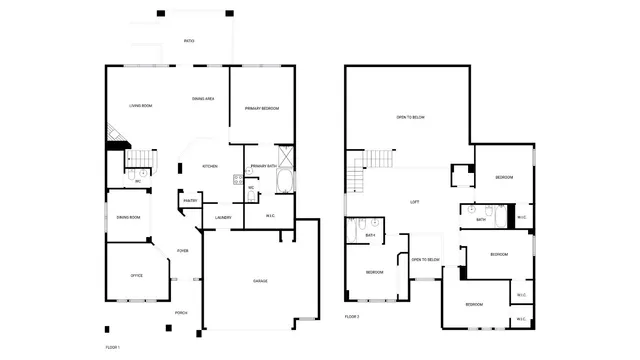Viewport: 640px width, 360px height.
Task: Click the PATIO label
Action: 189,41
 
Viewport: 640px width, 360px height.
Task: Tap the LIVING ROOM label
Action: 139,106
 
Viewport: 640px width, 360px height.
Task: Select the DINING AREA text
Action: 204,99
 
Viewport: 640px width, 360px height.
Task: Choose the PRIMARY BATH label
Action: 264,166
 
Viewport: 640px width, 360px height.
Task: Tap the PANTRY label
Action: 189,201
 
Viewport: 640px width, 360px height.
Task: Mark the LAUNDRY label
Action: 223,217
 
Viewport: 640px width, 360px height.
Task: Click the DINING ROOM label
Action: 128,217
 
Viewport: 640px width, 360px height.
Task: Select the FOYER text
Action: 183,250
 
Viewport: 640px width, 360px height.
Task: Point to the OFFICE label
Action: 137,275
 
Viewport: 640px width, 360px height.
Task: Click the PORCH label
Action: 181,313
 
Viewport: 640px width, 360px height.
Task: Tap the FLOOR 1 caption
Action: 112,347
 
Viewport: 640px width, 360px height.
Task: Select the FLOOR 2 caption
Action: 351,316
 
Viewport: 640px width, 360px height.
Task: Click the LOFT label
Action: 415,202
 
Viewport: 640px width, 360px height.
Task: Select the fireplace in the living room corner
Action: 116,135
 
